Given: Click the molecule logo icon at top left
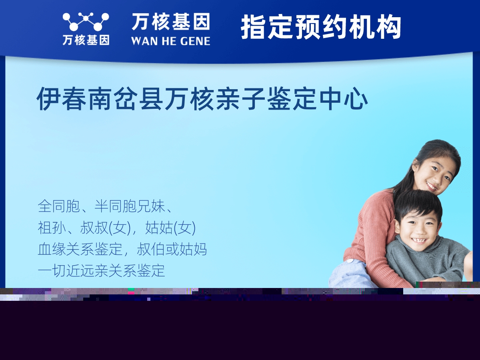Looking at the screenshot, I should (x=86, y=22).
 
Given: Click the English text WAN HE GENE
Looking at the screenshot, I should (x=170, y=41).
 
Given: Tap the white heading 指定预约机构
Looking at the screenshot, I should (x=321, y=27).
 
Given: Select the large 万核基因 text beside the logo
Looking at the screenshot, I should (x=171, y=22).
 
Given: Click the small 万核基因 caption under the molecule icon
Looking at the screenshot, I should (x=86, y=40).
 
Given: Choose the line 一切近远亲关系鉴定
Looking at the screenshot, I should (x=101, y=271).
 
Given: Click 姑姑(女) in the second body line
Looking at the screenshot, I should (x=170, y=228).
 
